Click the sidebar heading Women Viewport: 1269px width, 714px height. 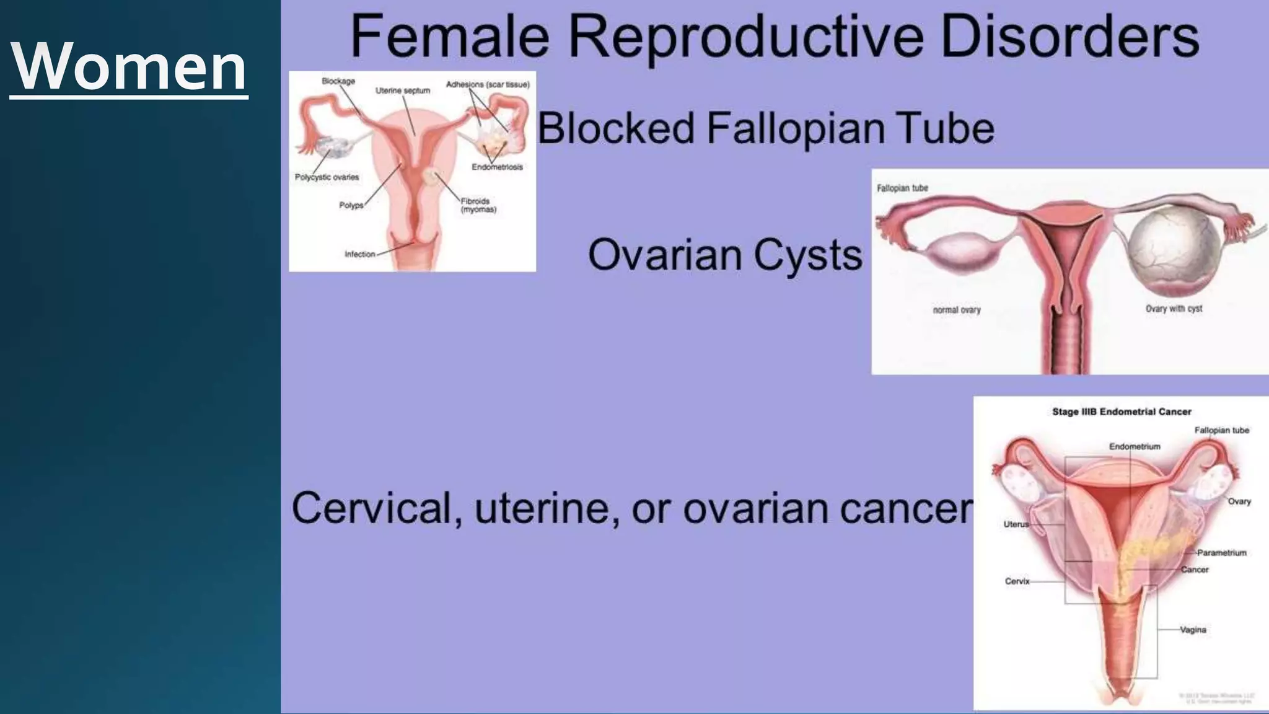click(x=129, y=67)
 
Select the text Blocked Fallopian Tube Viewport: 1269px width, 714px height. click(x=765, y=129)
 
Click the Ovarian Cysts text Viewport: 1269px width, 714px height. click(x=724, y=255)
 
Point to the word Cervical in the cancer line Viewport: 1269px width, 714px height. click(x=377, y=508)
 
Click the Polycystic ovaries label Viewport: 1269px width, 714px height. click(x=327, y=177)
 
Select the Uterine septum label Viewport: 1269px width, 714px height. click(x=402, y=91)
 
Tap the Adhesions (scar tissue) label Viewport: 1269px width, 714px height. click(x=488, y=85)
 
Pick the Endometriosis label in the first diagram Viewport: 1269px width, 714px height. click(x=497, y=167)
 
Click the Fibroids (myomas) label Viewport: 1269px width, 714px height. click(x=478, y=205)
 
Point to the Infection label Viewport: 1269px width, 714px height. click(x=360, y=254)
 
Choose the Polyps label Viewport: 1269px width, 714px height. click(x=351, y=205)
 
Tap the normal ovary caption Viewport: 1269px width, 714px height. click(x=957, y=310)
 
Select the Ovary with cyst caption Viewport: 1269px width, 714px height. click(x=1174, y=309)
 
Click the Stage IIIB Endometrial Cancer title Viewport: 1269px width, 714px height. click(x=1122, y=412)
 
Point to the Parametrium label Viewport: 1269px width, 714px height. click(x=1221, y=553)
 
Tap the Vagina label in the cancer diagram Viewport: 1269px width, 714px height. click(x=1193, y=630)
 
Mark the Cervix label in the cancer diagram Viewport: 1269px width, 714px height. click(x=1017, y=581)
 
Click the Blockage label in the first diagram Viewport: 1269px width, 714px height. click(x=338, y=81)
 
